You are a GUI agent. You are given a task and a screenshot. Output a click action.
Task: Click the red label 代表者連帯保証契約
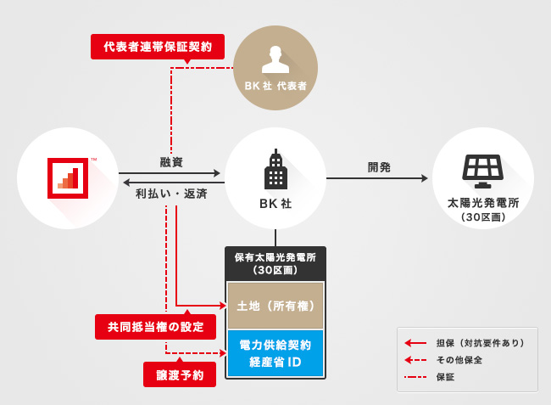pos(157,46)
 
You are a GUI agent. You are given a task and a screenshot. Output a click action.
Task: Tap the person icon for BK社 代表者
pos(275,59)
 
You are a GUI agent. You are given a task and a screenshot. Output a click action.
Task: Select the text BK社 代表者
pos(275,87)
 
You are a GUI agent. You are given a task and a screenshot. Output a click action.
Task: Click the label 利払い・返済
pos(171,193)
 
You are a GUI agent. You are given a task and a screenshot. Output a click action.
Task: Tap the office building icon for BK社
pos(275,170)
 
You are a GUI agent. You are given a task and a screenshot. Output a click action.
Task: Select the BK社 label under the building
pos(275,205)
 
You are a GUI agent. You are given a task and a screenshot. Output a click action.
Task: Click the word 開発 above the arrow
pos(379,166)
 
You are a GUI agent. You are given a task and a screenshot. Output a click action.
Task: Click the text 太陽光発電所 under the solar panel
pos(482,205)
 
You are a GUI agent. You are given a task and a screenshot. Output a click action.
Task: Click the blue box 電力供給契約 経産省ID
pos(275,352)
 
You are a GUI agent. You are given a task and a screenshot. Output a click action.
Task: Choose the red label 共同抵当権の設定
pos(149,327)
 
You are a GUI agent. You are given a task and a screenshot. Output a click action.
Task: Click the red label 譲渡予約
pos(180,374)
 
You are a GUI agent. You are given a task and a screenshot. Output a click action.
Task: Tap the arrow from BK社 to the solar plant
pos(377,178)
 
